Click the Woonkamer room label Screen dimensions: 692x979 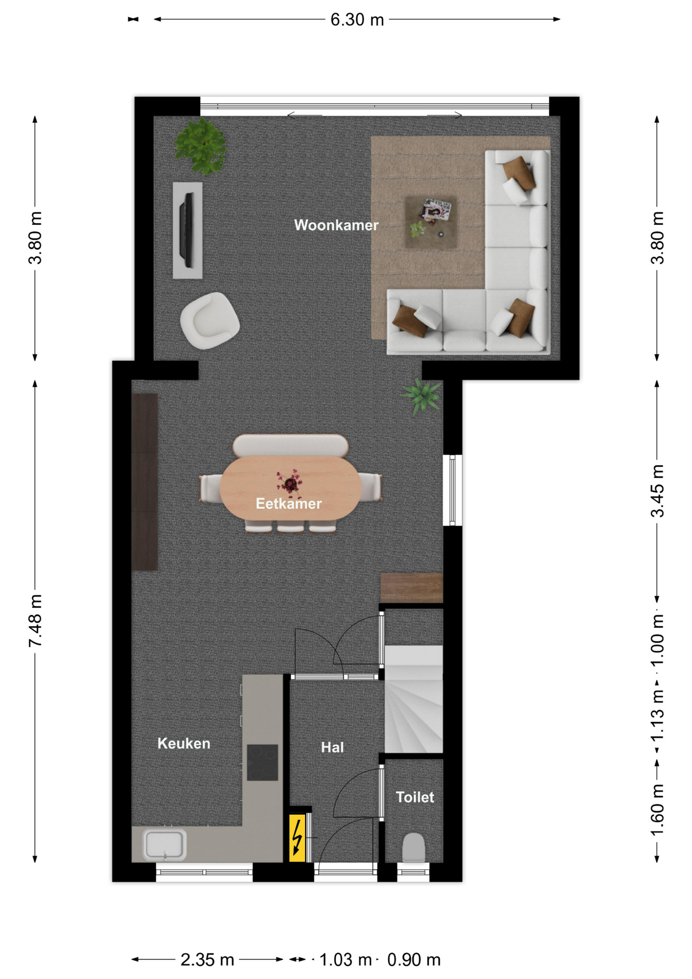coord(336,225)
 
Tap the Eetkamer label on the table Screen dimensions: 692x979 coord(288,504)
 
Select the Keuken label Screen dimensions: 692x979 coord(183,743)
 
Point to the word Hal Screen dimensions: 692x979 coord(332,748)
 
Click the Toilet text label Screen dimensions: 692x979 coord(415,797)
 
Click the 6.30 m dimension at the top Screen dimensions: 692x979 coord(357,19)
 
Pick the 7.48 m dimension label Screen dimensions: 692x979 coord(35,621)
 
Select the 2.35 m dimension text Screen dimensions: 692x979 coord(207,960)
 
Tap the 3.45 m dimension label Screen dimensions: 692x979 coord(657,491)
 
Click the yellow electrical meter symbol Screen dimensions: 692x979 coord(297,838)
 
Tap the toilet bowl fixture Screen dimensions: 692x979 coord(413,847)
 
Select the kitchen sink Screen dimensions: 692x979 coord(164,845)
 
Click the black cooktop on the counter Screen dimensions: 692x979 coord(262,763)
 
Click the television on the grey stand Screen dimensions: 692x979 coord(188,230)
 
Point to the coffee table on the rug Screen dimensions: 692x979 coord(431,222)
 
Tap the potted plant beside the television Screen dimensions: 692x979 coord(200,146)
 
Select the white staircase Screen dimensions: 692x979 coord(413,699)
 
